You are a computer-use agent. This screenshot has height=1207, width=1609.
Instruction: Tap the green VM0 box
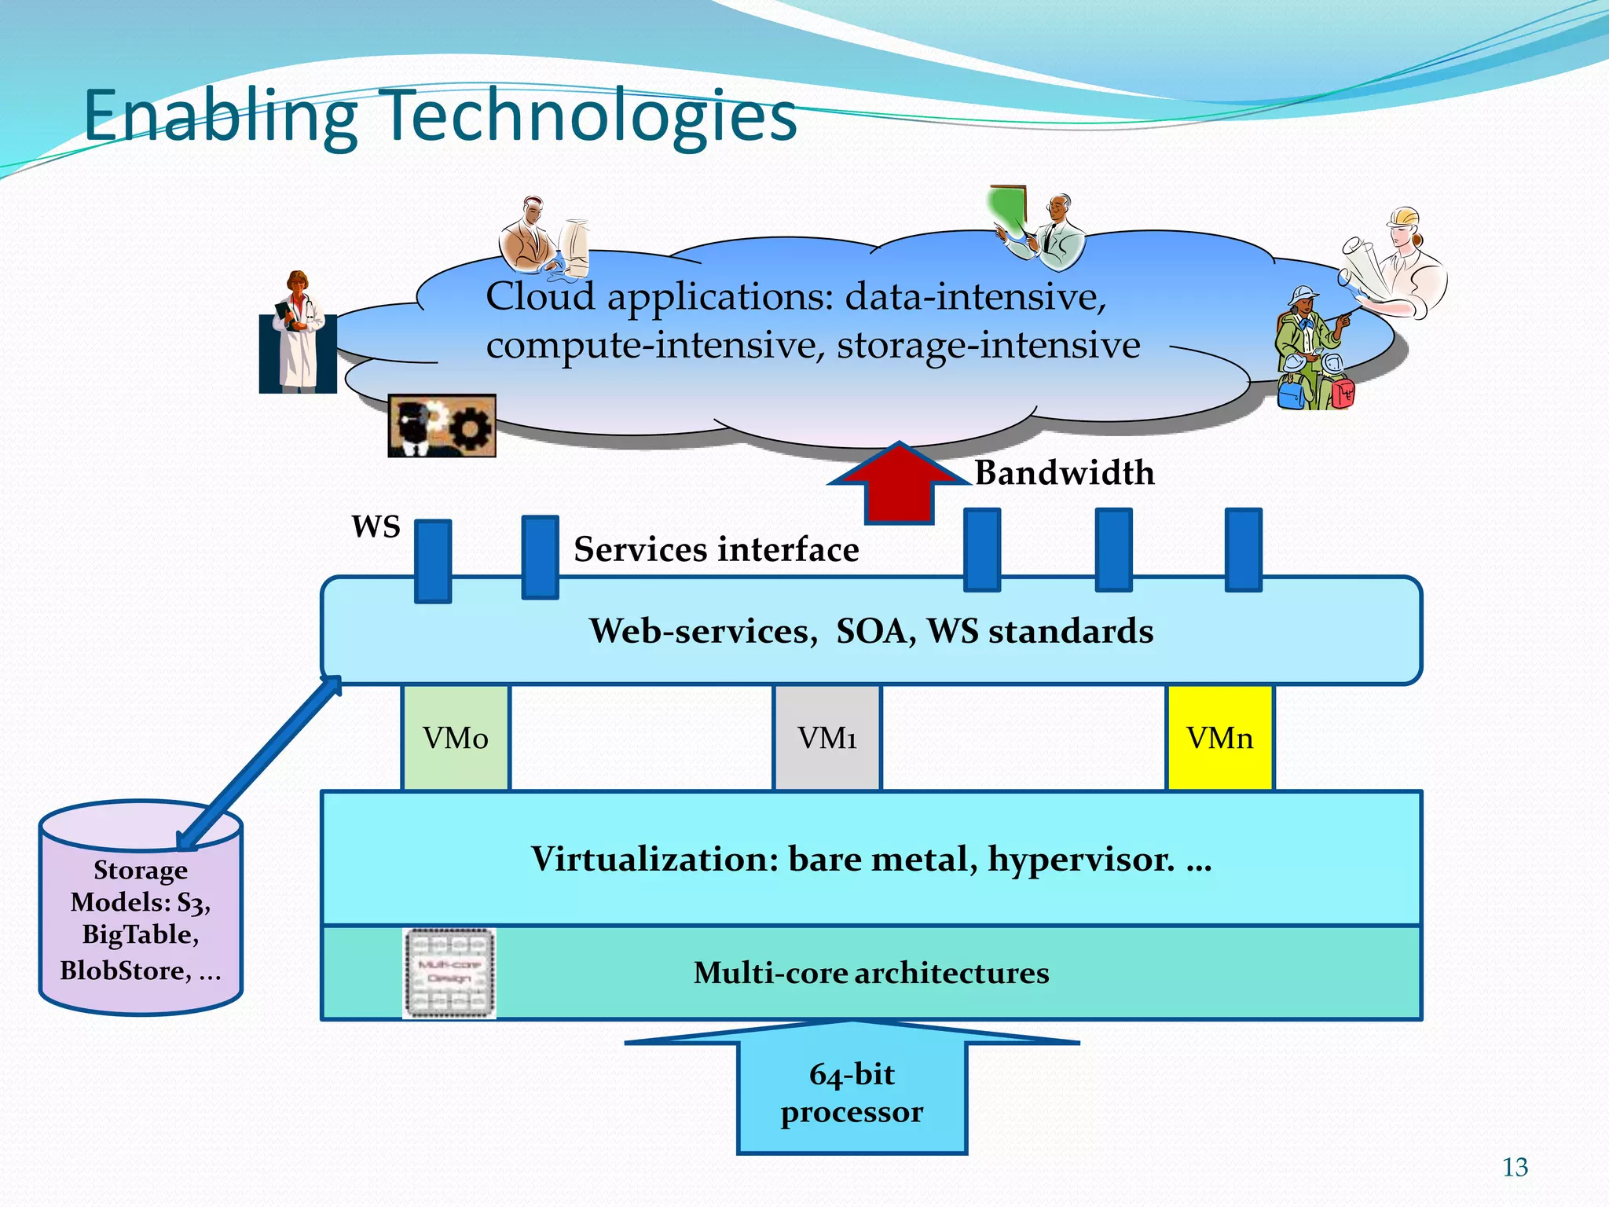pyautogui.click(x=456, y=738)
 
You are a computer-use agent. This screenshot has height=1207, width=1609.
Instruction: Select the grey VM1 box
pyautogui.click(x=827, y=738)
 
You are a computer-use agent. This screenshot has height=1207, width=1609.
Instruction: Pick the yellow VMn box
pyautogui.click(x=1219, y=738)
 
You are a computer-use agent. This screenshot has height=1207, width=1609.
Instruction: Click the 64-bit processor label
pyautogui.click(x=852, y=1093)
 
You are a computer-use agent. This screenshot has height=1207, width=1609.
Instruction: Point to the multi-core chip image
pyautogui.click(x=449, y=973)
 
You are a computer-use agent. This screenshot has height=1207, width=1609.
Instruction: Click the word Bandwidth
pyautogui.click(x=1065, y=473)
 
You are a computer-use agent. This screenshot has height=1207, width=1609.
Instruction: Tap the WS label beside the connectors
pyautogui.click(x=376, y=526)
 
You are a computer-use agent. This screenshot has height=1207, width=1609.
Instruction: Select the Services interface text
pyautogui.click(x=716, y=549)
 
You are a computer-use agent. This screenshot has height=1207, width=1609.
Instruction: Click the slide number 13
pyautogui.click(x=1515, y=1168)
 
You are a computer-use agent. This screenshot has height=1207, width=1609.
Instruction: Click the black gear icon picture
pyautogui.click(x=442, y=426)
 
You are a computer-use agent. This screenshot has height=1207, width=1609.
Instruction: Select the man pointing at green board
pyautogui.click(x=1045, y=228)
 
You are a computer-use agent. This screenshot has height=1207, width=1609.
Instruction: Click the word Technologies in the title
pyautogui.click(x=589, y=116)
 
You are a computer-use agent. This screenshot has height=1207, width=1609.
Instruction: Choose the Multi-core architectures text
pyautogui.click(x=870, y=973)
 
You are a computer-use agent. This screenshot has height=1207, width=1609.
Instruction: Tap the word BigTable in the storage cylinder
pyautogui.click(x=141, y=934)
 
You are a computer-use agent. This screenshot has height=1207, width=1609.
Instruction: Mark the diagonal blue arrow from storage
pyautogui.click(x=259, y=762)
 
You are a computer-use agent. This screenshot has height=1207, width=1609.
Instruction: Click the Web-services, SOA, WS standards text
pyautogui.click(x=871, y=631)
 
